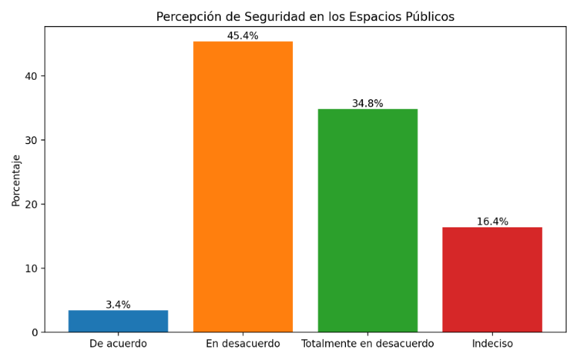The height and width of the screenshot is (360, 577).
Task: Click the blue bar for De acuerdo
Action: coord(118,321)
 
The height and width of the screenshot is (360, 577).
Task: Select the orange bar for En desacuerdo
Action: coord(243,186)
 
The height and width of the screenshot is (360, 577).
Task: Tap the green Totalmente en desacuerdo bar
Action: coord(368,220)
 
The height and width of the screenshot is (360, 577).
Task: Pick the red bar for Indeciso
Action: coord(492,280)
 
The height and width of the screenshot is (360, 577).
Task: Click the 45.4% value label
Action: coord(243,36)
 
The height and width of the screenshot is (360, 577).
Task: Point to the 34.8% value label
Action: coord(368,104)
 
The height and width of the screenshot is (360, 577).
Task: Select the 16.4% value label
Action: coord(492,221)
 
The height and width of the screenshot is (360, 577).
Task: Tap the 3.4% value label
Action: coord(118,305)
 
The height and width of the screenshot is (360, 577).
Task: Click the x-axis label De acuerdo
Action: coord(118,344)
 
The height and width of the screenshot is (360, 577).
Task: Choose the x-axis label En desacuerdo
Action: coord(243,344)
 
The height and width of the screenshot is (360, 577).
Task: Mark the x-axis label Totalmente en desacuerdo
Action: coord(368,344)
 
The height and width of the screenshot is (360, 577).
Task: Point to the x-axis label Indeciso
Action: coord(492,344)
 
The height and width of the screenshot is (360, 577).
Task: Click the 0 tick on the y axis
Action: coord(34,332)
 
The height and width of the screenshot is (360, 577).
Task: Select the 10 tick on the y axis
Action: coord(31,268)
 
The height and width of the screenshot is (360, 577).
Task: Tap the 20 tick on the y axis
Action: coord(31,204)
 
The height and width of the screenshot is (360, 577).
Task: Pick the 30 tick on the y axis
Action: coord(31,140)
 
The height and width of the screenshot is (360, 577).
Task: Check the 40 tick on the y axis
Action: coord(31,76)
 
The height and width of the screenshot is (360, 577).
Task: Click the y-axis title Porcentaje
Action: coord(16,180)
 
